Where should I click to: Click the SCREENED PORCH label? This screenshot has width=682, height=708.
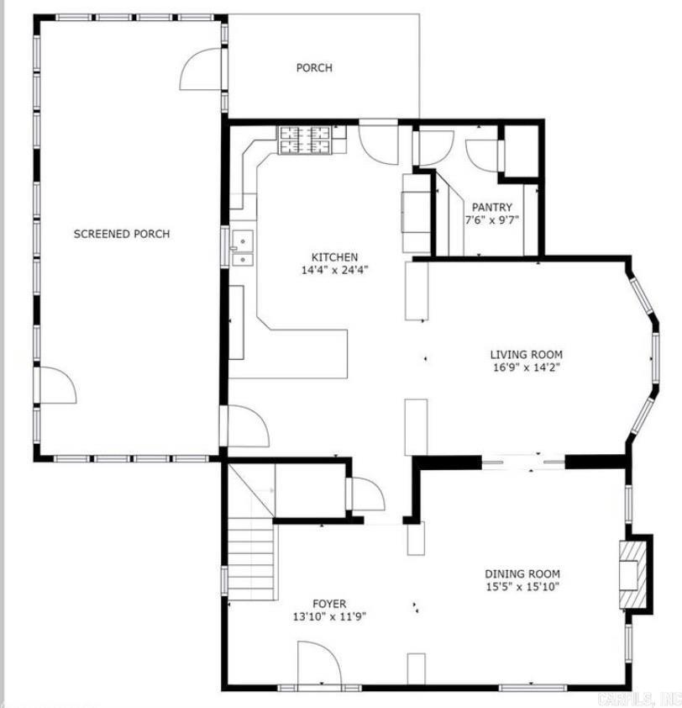[121, 234]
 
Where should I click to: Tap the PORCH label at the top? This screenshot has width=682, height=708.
[313, 67]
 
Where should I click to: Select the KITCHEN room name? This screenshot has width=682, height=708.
[334, 257]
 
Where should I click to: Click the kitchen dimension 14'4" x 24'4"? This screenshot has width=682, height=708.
[334, 270]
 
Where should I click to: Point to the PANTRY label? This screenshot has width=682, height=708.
[491, 208]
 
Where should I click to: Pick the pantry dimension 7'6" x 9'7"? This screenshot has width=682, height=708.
[491, 220]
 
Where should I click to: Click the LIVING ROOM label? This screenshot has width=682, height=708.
[526, 355]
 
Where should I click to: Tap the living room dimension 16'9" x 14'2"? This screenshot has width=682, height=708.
[526, 367]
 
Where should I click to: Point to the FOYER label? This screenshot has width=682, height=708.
[328, 604]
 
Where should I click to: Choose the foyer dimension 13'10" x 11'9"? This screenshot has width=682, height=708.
[328, 616]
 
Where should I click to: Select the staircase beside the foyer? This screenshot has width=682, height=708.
[252, 555]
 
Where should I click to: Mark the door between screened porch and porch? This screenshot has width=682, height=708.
[203, 71]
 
